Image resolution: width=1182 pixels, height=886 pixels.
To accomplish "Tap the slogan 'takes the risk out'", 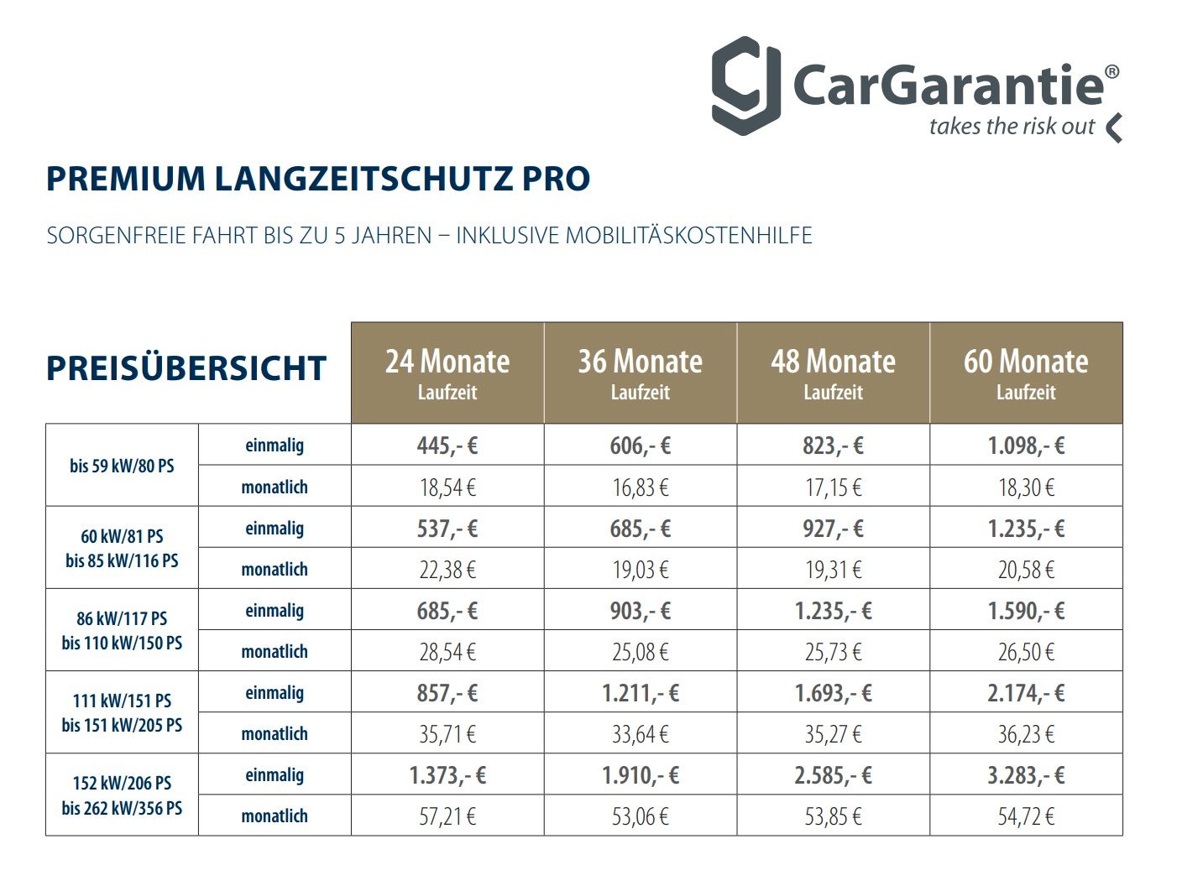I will (x=1012, y=127).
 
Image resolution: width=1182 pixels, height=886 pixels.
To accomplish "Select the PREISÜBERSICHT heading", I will (x=186, y=369).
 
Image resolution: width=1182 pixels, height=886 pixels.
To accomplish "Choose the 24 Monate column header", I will (x=447, y=373).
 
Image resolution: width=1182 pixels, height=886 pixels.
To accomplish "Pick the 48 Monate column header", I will (x=833, y=373).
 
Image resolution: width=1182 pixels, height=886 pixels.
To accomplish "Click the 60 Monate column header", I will (x=1026, y=373).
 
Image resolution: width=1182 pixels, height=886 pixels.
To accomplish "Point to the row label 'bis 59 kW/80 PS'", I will (x=122, y=466).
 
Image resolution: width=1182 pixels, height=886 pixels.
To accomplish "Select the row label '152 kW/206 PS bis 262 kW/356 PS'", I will (x=122, y=795).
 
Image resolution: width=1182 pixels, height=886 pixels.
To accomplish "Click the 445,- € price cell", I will (x=447, y=446).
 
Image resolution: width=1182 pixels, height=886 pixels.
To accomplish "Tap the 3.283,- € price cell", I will (x=1026, y=775).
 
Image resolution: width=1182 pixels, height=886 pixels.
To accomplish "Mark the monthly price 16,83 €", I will (x=641, y=487).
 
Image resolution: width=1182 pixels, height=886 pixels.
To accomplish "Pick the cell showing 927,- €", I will (x=833, y=529).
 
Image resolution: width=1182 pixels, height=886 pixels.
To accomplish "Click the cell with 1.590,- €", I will (x=1026, y=611).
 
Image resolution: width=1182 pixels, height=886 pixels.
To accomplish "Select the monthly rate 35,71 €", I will (x=447, y=734).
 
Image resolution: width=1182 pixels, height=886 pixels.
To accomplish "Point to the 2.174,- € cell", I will (x=1026, y=693).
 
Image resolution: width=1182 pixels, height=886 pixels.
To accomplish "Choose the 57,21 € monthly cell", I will (x=447, y=816).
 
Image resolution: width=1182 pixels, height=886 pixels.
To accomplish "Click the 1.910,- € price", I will (x=641, y=775).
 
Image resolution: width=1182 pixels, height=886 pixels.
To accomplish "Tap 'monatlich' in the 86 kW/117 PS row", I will (x=275, y=652).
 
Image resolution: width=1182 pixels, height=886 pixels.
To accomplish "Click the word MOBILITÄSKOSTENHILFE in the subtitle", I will (x=688, y=236).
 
